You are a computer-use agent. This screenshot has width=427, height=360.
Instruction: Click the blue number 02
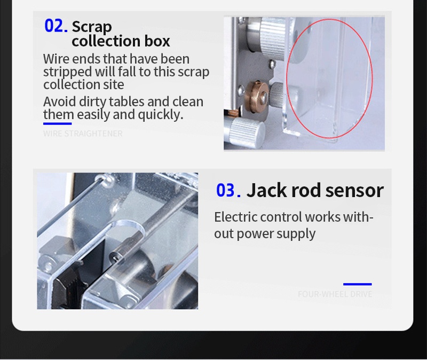pos(56,26)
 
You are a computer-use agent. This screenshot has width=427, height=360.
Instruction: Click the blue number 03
pos(228,190)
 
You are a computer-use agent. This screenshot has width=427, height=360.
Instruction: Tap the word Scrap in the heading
pos(92,27)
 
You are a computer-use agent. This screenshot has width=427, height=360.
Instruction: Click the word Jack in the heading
pos(266,190)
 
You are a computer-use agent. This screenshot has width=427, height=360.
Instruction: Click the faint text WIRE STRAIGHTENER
pos(83,134)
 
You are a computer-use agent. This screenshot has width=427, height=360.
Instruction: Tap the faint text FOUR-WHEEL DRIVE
pos(335,294)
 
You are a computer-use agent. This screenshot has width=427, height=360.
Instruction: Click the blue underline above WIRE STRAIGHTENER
pos(58,124)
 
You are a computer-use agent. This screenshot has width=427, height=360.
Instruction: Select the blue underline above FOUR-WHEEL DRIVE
pos(357,284)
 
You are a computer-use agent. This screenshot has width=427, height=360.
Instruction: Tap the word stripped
pos(68,72)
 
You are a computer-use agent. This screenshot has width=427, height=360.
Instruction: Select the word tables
pos(126,101)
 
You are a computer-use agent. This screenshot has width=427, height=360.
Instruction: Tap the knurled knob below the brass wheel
pos(247,131)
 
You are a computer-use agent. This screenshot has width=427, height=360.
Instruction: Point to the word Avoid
pos(59,101)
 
